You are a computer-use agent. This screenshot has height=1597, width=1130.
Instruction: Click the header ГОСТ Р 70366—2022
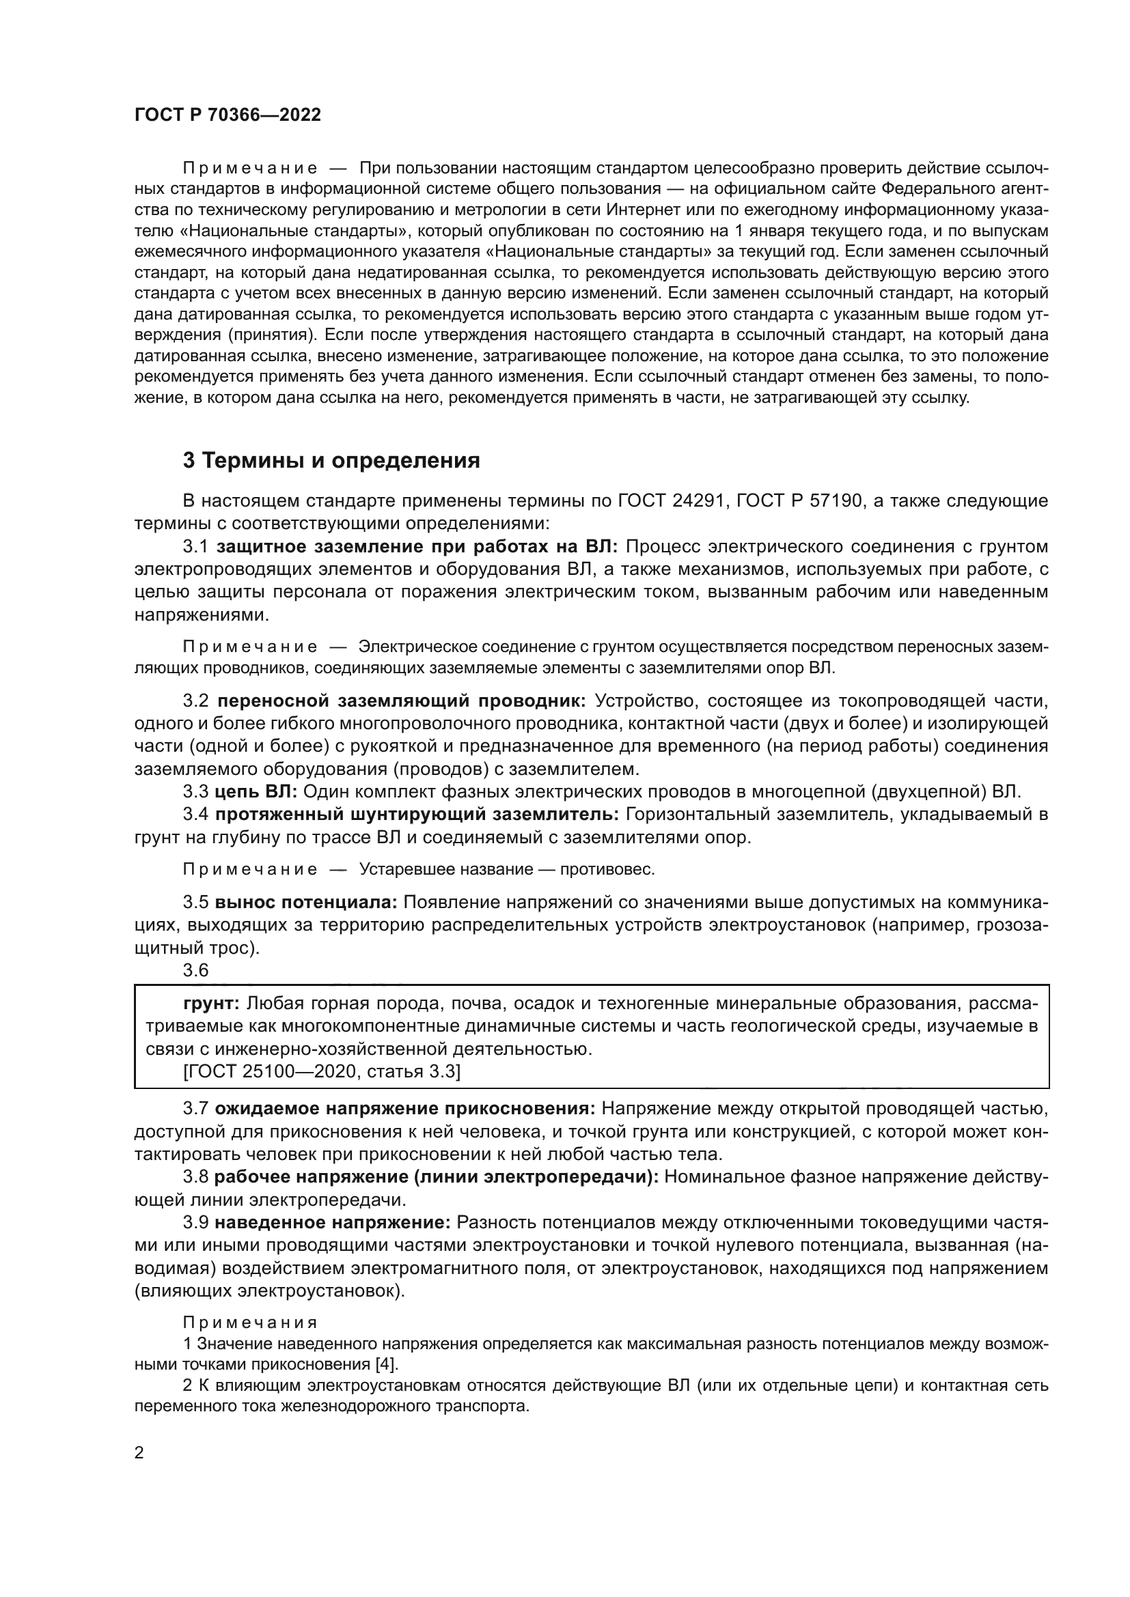pyautogui.click(x=228, y=115)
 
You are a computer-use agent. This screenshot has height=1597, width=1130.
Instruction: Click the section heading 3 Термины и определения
pyautogui.click(x=331, y=460)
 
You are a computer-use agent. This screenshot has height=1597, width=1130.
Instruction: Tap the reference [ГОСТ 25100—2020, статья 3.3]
pyautogui.click(x=322, y=1072)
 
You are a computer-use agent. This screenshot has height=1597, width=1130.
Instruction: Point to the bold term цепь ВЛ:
pyautogui.click(x=256, y=791)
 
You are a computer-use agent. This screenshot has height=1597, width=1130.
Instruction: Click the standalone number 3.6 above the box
pyautogui.click(x=195, y=970)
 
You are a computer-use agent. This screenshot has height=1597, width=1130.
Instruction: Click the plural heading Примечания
pyautogui.click(x=250, y=1323)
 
